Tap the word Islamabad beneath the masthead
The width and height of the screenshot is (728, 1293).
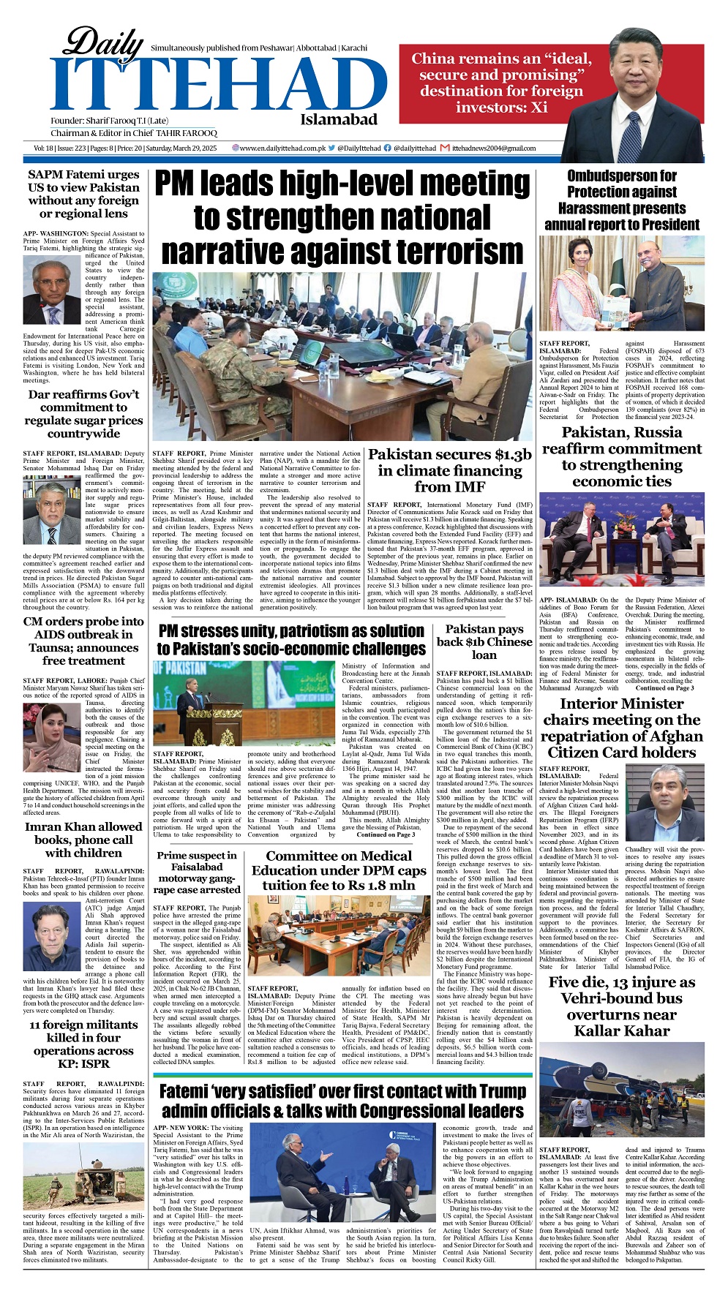(338, 119)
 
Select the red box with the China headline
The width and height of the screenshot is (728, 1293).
(480, 83)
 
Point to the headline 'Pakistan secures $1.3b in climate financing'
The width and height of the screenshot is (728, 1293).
(449, 470)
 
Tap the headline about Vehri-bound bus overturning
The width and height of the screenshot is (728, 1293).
(622, 1006)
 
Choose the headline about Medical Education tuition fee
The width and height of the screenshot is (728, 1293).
(339, 870)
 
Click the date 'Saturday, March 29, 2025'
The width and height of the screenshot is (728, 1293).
(182, 148)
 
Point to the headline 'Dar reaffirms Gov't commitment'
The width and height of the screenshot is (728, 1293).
(83, 414)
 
